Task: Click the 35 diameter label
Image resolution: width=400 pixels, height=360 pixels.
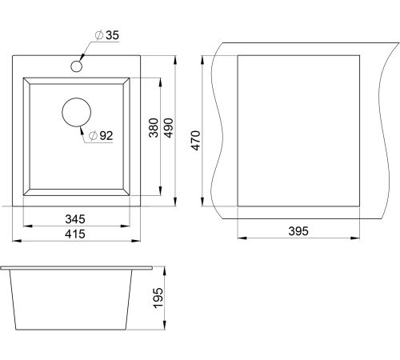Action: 107,35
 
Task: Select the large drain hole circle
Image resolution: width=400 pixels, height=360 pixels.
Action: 76,112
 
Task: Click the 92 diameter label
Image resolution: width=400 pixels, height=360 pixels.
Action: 101,136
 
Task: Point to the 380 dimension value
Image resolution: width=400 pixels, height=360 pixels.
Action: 154,128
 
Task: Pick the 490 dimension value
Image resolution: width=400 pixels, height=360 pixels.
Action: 168,128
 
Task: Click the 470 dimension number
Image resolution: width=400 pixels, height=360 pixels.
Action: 196,141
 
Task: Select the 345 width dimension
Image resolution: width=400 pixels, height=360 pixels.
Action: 75,219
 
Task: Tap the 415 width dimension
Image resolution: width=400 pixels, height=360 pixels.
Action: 75,234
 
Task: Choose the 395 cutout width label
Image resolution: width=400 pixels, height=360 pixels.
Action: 298,231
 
